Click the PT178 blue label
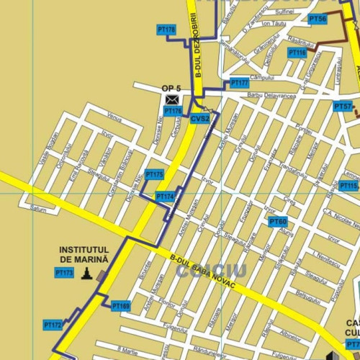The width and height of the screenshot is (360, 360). click(166, 30)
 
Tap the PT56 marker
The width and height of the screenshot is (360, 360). click(318, 19)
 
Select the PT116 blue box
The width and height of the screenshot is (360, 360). click(297, 53)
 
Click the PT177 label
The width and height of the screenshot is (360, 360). click(239, 84)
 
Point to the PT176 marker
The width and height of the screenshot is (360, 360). click(173, 111)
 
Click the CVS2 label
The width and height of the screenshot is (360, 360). click(200, 118)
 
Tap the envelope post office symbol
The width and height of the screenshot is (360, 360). click(172, 99)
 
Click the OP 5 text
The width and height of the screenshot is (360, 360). click(171, 89)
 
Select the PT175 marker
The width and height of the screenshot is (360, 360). click(154, 174)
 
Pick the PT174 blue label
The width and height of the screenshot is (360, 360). click(165, 197)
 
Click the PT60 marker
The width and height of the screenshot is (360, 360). click(278, 221)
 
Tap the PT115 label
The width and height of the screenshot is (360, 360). click(348, 186)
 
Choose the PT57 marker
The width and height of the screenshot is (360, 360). click(343, 107)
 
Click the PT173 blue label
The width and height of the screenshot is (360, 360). click(64, 273)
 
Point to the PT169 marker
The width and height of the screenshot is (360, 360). click(121, 306)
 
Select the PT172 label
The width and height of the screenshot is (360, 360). click(53, 325)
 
